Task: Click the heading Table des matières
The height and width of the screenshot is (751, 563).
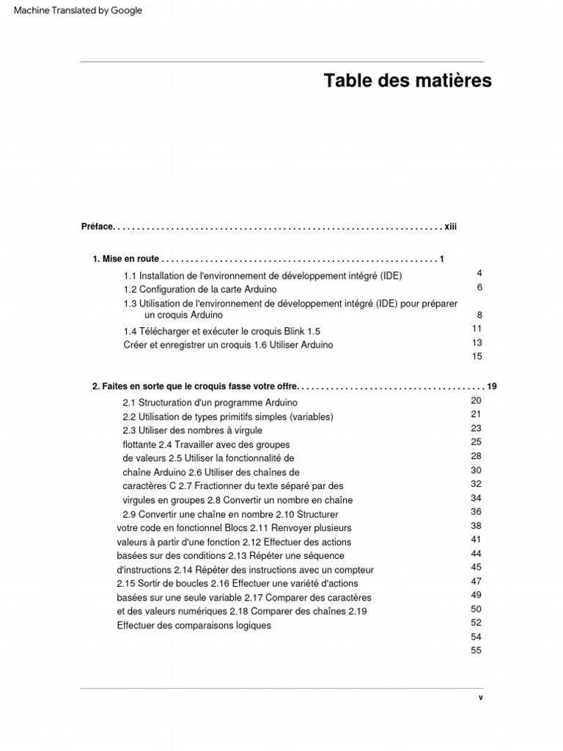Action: (x=408, y=81)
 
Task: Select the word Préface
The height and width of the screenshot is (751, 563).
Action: (x=97, y=227)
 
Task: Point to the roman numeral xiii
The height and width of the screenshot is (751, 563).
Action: (x=450, y=227)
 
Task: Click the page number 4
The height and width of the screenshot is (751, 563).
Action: (x=479, y=273)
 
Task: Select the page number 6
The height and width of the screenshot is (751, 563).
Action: (x=479, y=287)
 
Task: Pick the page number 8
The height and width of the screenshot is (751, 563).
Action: (x=479, y=315)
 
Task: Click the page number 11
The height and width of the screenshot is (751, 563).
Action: (x=477, y=329)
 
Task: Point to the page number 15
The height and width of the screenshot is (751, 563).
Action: (x=477, y=356)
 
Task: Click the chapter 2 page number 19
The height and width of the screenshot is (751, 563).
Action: (x=492, y=387)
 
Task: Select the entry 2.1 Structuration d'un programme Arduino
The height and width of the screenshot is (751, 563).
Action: (x=210, y=403)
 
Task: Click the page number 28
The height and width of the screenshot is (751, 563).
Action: (x=476, y=456)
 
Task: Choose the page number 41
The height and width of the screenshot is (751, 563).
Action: (x=476, y=539)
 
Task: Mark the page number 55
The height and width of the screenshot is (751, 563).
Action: (x=476, y=651)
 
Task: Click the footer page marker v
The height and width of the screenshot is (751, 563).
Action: (x=481, y=698)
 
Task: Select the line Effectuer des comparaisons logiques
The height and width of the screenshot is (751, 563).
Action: (x=194, y=626)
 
